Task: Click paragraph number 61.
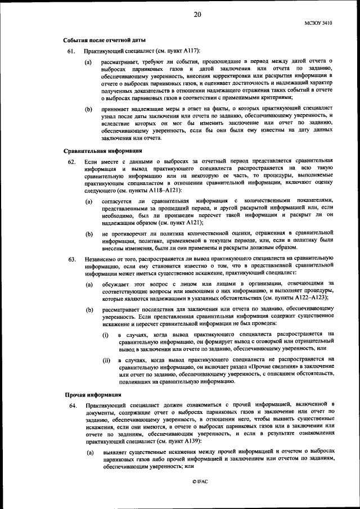(71, 51)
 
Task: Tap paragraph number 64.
(71, 404)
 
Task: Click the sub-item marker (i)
(105, 335)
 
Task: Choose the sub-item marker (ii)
(106, 360)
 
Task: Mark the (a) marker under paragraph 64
(89, 453)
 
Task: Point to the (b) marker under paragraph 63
(89, 310)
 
